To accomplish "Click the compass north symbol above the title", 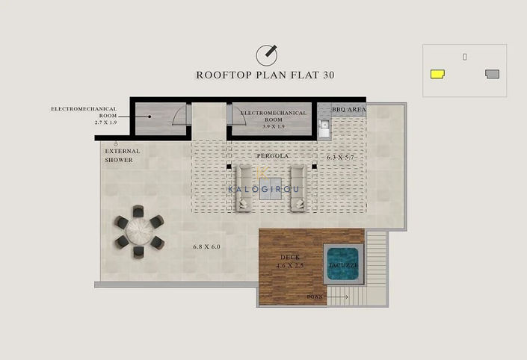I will [266, 55].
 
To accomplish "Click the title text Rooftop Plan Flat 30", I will [265, 75].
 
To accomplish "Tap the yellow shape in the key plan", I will [437, 74].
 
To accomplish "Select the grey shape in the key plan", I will [492, 74].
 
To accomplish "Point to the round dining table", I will [138, 232].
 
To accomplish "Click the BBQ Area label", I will [348, 109].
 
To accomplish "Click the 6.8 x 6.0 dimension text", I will [206, 246].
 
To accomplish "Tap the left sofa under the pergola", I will [244, 187].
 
